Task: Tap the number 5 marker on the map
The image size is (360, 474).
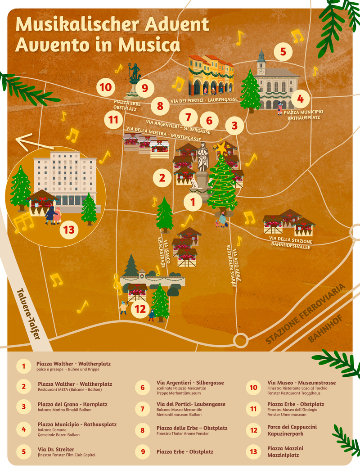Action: (x=283, y=51)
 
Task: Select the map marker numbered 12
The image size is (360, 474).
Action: (x=141, y=309)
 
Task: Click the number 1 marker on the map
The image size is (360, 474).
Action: (x=193, y=202)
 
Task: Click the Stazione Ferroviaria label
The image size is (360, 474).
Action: (x=306, y=314)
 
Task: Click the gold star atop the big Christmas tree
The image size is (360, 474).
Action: (x=222, y=148)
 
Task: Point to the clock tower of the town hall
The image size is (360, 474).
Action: (x=261, y=63)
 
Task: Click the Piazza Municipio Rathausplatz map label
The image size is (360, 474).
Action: (x=303, y=114)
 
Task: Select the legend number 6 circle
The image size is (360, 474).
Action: (x=143, y=387)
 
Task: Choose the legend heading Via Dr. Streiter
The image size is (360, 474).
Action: (x=56, y=449)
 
